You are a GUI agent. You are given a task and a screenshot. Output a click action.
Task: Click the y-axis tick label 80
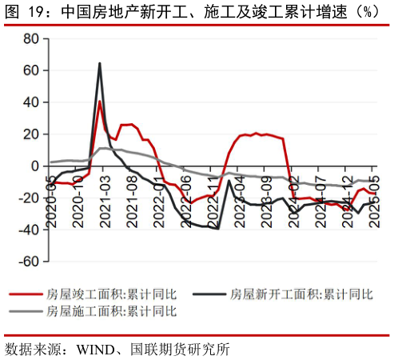click(30, 38)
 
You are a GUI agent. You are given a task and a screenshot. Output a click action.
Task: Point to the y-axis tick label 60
click(30, 70)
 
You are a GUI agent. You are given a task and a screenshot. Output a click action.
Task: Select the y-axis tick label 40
click(30, 102)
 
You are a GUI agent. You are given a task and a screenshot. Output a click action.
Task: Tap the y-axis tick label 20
click(30, 134)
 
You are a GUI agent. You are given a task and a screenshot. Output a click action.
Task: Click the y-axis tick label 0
click(34, 166)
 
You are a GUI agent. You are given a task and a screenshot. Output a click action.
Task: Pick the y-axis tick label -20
click(28, 198)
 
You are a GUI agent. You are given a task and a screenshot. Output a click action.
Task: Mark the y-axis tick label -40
click(28, 230)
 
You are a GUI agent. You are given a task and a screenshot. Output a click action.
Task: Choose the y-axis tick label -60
click(28, 262)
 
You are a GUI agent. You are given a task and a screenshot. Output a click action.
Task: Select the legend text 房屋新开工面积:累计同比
click(301, 294)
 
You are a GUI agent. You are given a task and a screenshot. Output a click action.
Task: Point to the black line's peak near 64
click(99, 64)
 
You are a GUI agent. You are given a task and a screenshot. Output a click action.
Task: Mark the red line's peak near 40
click(100, 102)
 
